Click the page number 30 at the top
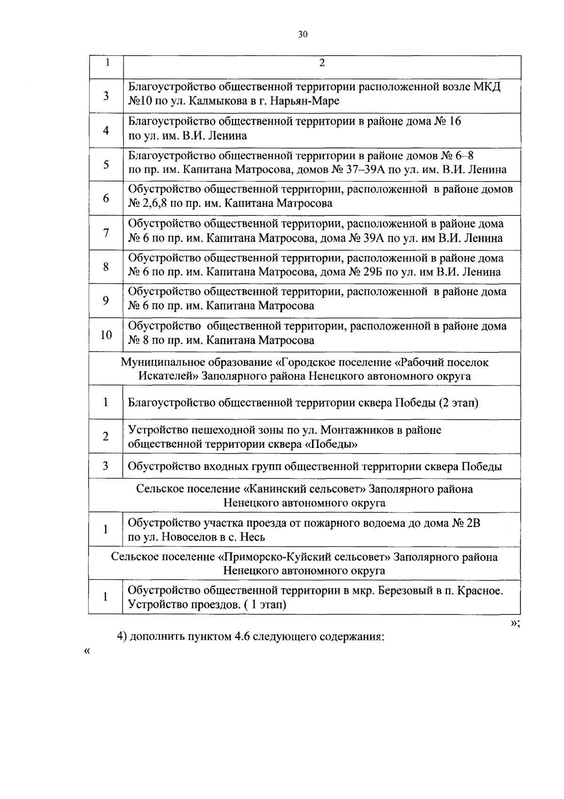[302, 34]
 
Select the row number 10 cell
[106, 335]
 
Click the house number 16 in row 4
[455, 121]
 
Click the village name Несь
[253, 537]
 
